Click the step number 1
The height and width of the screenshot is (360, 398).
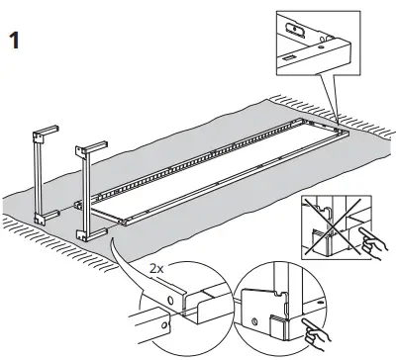(15, 45)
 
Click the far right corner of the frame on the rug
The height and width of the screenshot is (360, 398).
(340, 127)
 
